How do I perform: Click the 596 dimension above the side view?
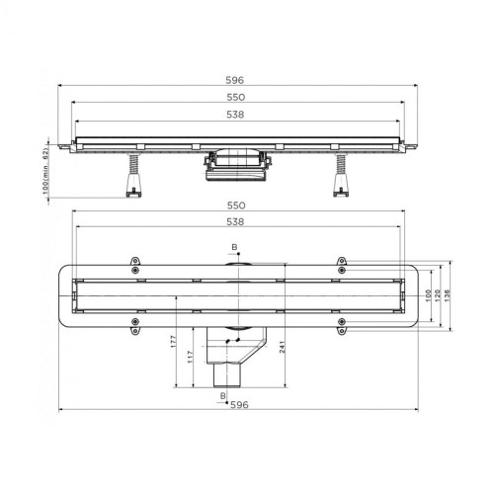[x=235, y=80]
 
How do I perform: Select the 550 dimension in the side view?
[x=236, y=97]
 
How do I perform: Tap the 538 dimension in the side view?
[x=235, y=115]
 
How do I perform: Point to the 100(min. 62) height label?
[x=45, y=171]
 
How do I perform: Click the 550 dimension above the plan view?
[x=236, y=206]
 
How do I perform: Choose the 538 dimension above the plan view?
[x=235, y=221]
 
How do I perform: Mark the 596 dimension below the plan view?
[x=239, y=405]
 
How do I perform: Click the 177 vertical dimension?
[x=174, y=341]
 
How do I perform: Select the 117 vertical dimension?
[x=190, y=357]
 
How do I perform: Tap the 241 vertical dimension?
[x=282, y=347]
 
